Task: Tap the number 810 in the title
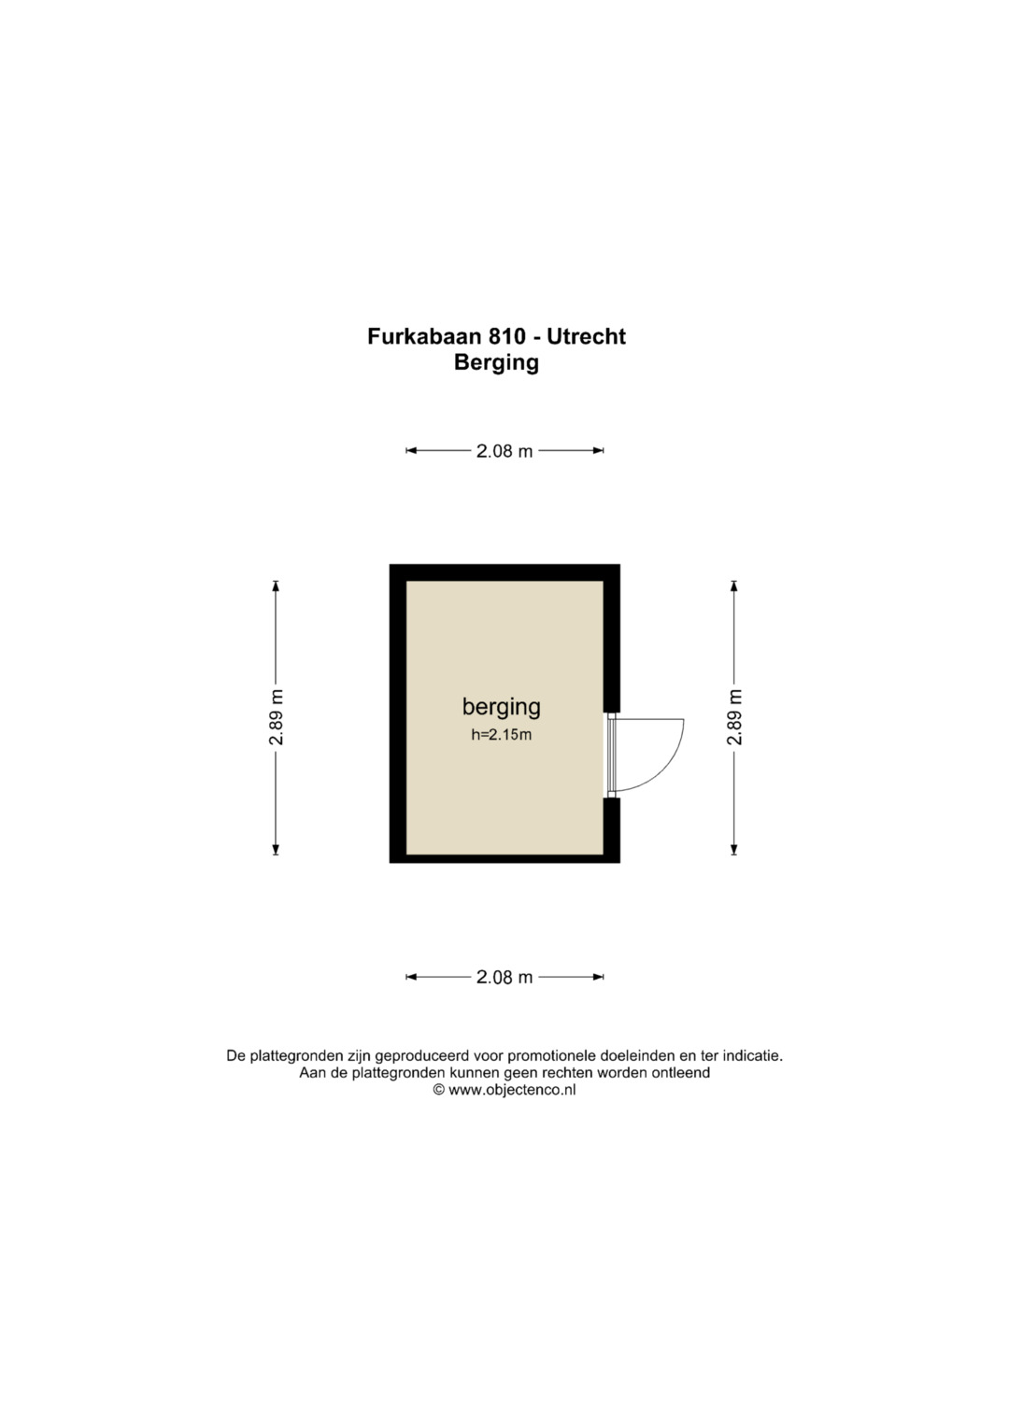point(507,336)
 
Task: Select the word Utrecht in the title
point(586,336)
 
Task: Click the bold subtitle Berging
point(496,363)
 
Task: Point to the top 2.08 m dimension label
point(504,451)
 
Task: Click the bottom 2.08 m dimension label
point(504,977)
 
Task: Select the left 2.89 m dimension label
point(276,717)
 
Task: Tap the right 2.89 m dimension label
point(734,717)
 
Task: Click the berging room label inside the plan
point(502,708)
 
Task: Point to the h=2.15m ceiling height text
point(502,735)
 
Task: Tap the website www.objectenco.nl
point(512,1089)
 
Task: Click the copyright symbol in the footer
point(439,1090)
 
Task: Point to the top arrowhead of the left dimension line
point(276,586)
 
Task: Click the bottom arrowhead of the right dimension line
point(734,849)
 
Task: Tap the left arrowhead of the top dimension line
point(411,451)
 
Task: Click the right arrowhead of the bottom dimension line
point(598,977)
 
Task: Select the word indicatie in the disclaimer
point(754,1056)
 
